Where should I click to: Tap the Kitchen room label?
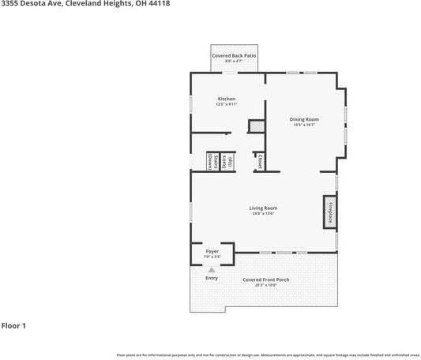tap(227, 99)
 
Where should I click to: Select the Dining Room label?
tap(303, 119)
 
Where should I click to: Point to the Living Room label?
tap(264, 208)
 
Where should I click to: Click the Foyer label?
tap(212, 251)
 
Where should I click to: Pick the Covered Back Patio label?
tap(234, 56)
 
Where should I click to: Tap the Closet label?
tap(259, 162)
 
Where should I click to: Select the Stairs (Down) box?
tap(212, 162)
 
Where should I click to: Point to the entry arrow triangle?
tap(211, 270)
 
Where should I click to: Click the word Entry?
tap(211, 279)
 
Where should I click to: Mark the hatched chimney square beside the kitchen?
tap(255, 126)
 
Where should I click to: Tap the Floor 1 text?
tap(14, 325)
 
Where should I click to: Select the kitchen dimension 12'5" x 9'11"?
tap(227, 104)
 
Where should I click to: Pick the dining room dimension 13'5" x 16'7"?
tap(303, 125)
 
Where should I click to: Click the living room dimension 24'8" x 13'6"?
tap(264, 213)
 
